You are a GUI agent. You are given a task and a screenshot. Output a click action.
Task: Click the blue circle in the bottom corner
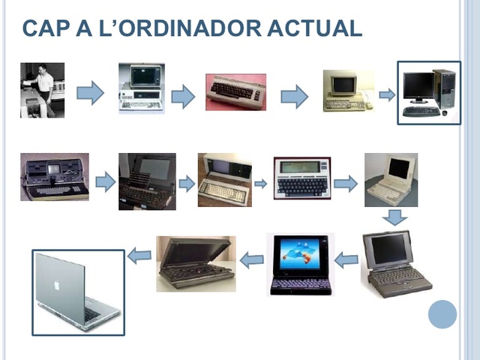442,313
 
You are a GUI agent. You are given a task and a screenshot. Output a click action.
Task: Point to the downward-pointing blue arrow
394,217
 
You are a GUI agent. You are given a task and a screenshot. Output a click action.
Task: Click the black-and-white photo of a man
42,90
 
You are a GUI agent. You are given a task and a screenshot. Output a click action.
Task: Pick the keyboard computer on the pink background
235,92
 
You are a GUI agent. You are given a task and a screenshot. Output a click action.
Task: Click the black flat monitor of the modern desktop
418,87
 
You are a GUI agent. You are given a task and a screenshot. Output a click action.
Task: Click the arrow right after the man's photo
90,93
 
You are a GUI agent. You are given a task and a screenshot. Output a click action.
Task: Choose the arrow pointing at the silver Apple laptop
139,256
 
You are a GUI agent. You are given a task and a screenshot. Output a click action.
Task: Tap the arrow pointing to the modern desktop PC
386,94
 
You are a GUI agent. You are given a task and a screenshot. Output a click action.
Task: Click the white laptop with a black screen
391,179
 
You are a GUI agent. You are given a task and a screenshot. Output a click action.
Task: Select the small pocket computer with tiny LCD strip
301,177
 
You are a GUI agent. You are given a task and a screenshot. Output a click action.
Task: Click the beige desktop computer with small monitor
347,91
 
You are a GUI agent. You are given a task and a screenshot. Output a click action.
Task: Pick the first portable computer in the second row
54,177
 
